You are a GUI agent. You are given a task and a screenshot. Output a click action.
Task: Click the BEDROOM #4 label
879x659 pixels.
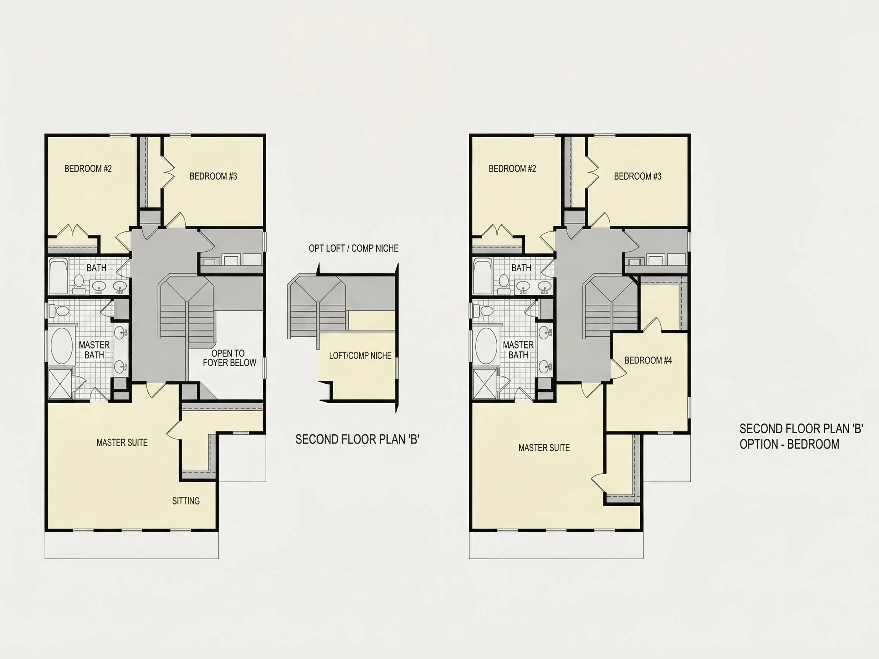coord(648,360)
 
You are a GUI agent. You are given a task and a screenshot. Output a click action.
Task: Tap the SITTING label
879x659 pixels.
coord(185,501)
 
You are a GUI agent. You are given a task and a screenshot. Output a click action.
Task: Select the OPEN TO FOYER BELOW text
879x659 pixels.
coord(229,358)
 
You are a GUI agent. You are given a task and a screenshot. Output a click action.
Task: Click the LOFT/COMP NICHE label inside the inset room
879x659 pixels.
coord(360,355)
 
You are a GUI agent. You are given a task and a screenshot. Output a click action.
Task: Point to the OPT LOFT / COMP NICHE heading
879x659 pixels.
coord(353,248)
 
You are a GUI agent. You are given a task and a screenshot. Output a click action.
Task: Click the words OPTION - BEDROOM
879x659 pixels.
coord(789,444)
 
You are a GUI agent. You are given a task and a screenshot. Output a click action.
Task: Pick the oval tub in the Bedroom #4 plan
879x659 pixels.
coord(486,346)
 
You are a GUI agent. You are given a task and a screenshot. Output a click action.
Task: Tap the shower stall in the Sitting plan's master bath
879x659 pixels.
coord(60,384)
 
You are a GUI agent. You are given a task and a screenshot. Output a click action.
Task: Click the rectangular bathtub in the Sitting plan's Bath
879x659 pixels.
coord(58,276)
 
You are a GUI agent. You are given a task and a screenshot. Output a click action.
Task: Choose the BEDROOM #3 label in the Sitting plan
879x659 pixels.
coord(213,176)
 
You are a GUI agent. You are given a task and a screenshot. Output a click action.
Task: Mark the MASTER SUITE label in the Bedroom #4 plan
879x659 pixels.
coord(544,448)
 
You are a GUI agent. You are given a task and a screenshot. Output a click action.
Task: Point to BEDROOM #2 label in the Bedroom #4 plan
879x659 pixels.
coord(512,169)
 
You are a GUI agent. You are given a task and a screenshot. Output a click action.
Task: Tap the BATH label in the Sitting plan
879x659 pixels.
coord(96,268)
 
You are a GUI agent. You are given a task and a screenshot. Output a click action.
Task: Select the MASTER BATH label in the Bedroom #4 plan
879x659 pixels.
coord(518,350)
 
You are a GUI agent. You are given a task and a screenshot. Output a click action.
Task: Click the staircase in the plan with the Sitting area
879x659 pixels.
coord(187,310)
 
